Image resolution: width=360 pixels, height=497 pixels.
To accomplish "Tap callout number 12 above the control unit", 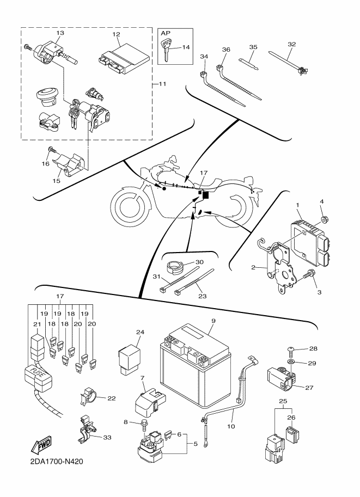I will click(116, 35).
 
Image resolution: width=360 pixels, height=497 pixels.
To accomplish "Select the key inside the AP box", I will click(166, 52).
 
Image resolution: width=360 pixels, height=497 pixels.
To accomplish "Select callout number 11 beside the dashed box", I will click(161, 84).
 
